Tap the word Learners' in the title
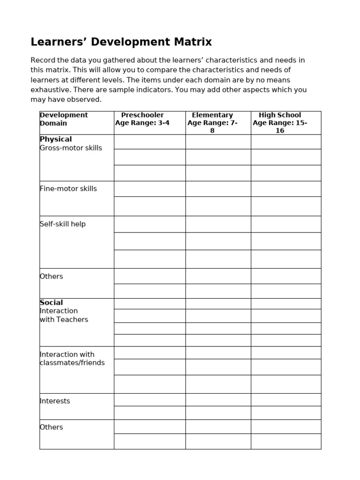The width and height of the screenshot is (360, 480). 59,42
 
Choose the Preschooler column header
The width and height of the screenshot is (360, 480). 142,115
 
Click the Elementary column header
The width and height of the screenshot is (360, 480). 212,115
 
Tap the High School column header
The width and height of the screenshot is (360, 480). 280,115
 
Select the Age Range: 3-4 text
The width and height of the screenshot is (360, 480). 142,123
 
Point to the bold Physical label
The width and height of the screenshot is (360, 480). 56,139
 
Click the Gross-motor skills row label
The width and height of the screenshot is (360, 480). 71,148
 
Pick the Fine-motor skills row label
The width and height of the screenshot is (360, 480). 68,189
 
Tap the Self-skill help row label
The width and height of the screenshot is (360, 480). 63,224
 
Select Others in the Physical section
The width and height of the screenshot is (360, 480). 52,277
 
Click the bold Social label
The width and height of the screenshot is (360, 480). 52,303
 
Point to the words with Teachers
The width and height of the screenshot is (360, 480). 64,320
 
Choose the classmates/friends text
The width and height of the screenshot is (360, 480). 72,363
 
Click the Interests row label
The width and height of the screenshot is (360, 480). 55,401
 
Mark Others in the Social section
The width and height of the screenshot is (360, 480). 52,427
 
